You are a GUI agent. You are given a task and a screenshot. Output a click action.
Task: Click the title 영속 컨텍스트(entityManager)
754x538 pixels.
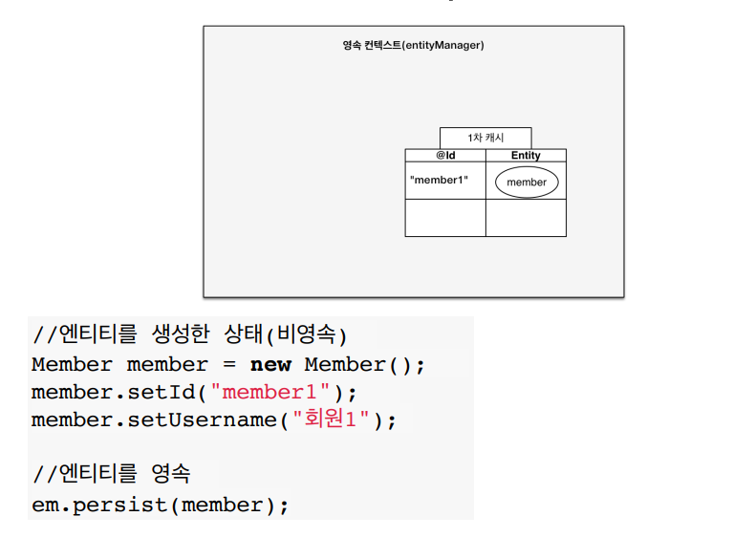coord(413,45)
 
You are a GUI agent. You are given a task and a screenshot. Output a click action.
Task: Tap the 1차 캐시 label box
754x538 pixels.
coord(485,139)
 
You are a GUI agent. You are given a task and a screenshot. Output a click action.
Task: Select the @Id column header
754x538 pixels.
coord(445,155)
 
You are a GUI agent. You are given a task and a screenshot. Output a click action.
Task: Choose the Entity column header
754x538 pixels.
coord(526,155)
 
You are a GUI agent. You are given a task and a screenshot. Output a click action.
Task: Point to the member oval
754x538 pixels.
coord(527,182)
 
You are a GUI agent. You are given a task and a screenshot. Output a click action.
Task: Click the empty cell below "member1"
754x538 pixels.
coord(445,218)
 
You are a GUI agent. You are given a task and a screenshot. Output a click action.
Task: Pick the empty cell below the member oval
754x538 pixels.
coord(526,218)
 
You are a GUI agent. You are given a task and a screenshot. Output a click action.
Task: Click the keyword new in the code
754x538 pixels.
coord(270,365)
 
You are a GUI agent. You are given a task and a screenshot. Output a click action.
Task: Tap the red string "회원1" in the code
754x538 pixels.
coord(331,420)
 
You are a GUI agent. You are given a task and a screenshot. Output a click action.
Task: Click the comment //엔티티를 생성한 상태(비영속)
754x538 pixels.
coord(189,335)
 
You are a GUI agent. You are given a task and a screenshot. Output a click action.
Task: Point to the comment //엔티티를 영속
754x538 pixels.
coord(112,474)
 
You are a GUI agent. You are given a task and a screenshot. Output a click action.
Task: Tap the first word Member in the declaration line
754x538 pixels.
coord(72,365)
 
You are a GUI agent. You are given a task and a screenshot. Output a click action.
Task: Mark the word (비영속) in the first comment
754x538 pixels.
coord(306,335)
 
